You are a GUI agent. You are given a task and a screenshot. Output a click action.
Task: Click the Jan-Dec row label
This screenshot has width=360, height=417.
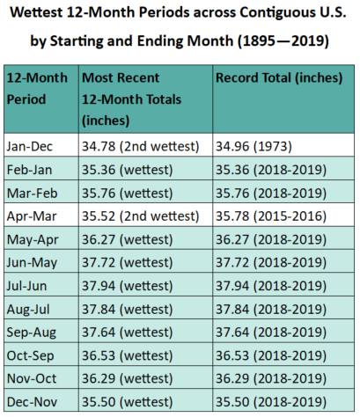click(30, 146)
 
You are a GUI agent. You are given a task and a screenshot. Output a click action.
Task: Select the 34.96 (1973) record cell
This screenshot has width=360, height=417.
click(253, 146)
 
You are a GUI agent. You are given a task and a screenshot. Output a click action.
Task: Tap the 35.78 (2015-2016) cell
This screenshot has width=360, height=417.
click(271, 216)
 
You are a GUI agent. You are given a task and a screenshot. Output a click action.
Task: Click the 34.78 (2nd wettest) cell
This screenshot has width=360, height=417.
click(140, 146)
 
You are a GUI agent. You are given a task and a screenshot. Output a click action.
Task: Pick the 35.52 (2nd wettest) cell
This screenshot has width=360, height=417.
click(140, 216)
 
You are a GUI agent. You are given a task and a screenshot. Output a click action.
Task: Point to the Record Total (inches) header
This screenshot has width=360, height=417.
click(279, 78)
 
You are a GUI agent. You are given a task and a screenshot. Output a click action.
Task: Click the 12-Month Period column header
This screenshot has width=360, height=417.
click(37, 89)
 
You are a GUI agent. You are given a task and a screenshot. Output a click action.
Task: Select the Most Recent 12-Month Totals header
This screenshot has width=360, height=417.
click(131, 99)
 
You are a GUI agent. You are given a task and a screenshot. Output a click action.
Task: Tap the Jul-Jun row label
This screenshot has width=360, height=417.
click(26, 286)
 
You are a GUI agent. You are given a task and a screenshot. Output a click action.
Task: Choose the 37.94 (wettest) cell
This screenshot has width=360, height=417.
click(127, 286)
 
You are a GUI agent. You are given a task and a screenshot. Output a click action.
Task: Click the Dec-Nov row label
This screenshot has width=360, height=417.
click(32, 402)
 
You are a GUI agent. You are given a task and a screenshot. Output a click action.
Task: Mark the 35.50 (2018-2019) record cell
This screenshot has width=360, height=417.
click(271, 402)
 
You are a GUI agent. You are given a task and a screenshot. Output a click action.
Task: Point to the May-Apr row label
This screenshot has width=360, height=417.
click(33, 240)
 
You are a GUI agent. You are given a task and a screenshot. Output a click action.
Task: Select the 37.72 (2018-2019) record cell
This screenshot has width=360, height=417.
click(271, 262)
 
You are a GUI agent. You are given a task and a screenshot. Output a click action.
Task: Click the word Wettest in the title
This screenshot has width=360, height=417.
click(36, 12)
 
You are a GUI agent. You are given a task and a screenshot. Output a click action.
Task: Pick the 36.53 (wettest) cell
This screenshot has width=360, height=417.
click(127, 355)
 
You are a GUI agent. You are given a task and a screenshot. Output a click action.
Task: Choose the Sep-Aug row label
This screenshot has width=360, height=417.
click(32, 333)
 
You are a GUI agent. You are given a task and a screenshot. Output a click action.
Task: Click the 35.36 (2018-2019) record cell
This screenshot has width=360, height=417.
click(271, 170)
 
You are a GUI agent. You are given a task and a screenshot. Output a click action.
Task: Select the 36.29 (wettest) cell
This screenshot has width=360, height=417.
click(127, 378)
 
